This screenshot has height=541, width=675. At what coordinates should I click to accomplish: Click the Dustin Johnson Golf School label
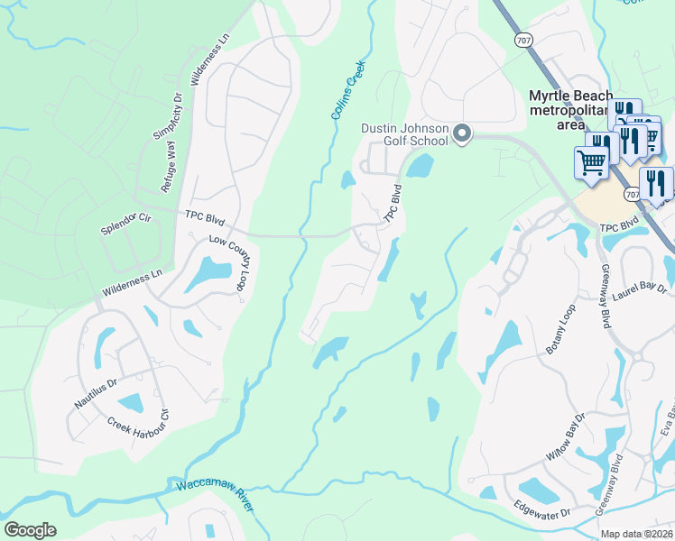tap(404, 134)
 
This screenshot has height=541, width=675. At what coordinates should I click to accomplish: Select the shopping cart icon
tap(591, 163)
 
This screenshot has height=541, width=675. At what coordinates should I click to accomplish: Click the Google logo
tap(30, 529)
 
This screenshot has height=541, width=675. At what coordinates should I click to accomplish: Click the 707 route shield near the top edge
tap(524, 41)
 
